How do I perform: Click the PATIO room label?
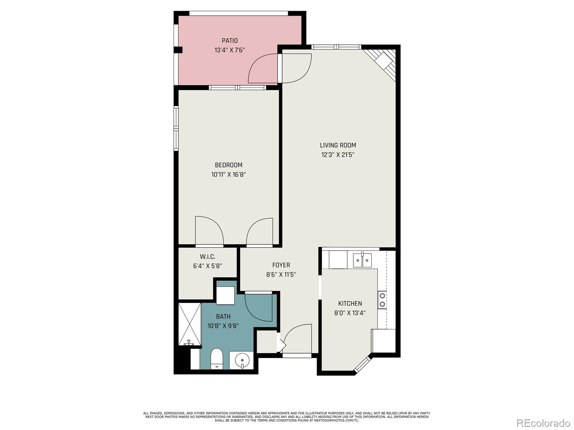[x=230, y=41]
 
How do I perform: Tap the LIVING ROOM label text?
[x=338, y=145]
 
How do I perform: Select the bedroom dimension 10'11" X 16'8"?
[x=229, y=175]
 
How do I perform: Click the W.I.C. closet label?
[x=207, y=257]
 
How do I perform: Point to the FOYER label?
[x=281, y=265]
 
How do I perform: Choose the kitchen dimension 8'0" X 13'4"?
[x=350, y=313]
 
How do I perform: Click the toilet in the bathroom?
[x=216, y=359]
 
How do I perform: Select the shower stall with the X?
[x=189, y=324]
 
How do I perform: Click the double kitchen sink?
[x=362, y=260]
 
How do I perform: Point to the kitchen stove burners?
[x=382, y=300]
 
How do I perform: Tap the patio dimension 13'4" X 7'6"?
[x=230, y=50]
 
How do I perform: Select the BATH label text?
[x=224, y=316]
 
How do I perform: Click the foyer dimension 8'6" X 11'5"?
[x=281, y=274]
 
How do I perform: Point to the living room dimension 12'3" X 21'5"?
[x=338, y=154]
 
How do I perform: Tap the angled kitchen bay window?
[x=362, y=364]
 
